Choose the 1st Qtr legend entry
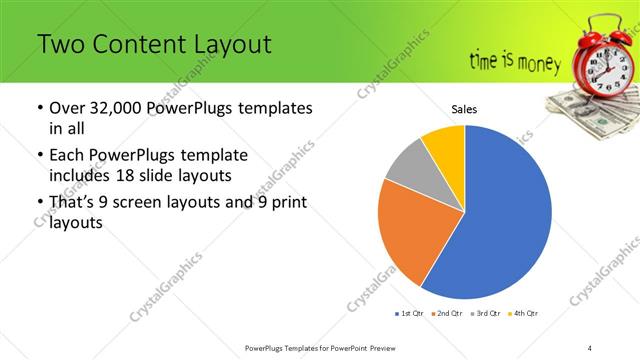[411, 314]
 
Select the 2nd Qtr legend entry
[445, 314]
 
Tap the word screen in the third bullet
[159, 204]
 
